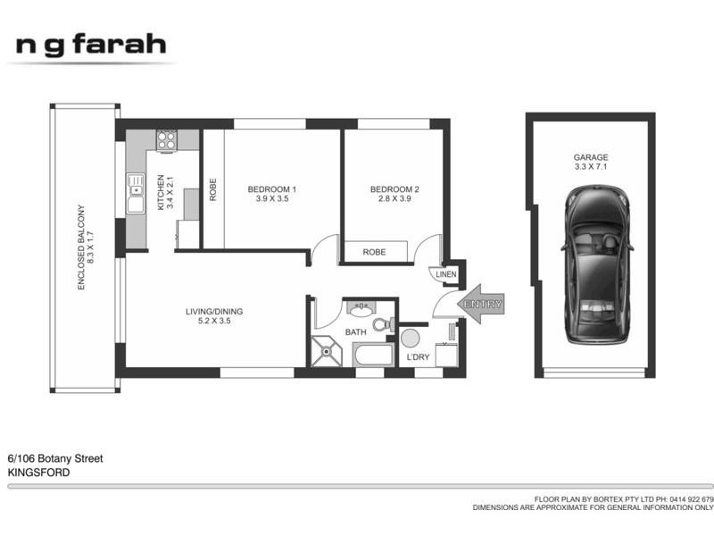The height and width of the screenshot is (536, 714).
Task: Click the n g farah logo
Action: coord(90,45)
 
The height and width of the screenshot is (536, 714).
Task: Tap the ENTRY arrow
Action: coord(480,305)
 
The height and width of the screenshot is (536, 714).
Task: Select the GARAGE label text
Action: coord(591,157)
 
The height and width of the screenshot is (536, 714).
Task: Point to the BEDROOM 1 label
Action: coord(271,189)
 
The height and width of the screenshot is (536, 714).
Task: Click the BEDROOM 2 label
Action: coord(394,189)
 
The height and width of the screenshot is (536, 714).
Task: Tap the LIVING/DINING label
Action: coord(214,312)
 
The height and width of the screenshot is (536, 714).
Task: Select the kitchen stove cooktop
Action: coord(166,139)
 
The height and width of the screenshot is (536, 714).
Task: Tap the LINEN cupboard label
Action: coord(445,274)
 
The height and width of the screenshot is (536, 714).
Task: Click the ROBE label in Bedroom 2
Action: coord(374,252)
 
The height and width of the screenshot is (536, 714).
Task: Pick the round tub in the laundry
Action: coord(411,338)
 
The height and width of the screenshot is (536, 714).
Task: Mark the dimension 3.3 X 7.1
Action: coord(591,167)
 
